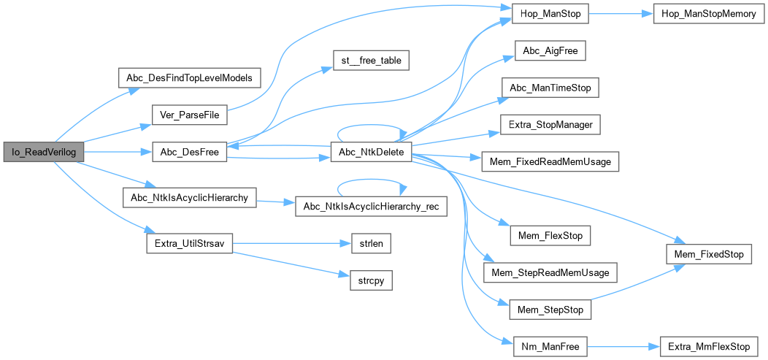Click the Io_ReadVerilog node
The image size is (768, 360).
tap(43, 152)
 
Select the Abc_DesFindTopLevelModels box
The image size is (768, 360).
tap(190, 77)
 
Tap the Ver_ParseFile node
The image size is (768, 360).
tap(190, 115)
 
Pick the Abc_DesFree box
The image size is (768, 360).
tap(190, 152)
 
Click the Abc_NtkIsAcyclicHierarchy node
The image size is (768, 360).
tap(190, 197)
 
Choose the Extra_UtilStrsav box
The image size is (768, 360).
tap(190, 243)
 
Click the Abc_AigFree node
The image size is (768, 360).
tap(550, 50)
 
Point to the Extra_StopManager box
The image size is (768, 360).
tap(550, 124)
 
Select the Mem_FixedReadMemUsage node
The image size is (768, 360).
tap(550, 161)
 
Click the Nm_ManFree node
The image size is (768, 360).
tap(550, 347)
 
